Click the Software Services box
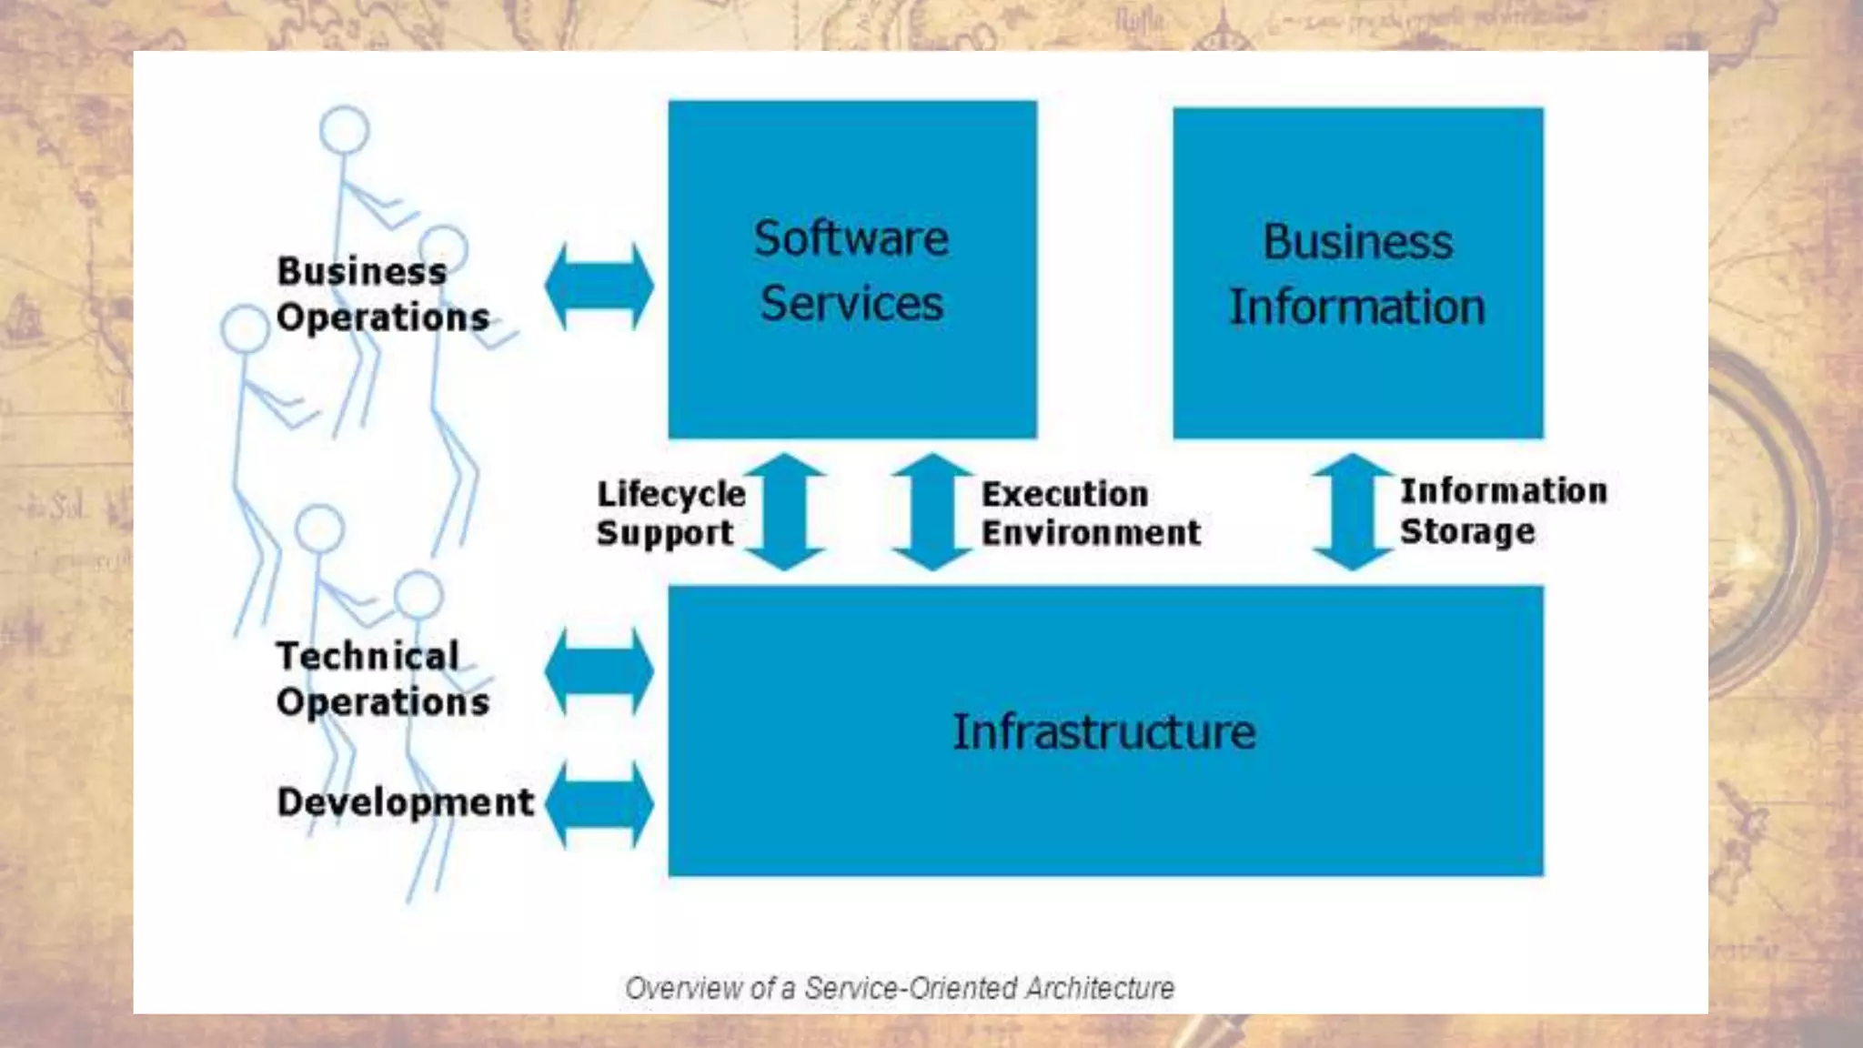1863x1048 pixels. [x=852, y=269]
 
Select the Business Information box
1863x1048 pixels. [x=1357, y=273]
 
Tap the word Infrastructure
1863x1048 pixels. [x=1104, y=732]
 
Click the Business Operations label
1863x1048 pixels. [x=382, y=294]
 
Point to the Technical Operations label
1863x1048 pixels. [x=382, y=679]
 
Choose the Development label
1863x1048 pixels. [x=405, y=802]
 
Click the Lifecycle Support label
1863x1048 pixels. [x=670, y=513]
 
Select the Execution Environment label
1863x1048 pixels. [x=1091, y=513]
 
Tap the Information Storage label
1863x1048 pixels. [x=1503, y=510]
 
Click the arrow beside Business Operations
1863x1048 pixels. [x=599, y=286]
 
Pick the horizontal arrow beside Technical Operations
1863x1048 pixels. [x=599, y=671]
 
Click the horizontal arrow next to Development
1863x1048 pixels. [x=599, y=804]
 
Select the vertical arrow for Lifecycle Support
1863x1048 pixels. [x=785, y=512]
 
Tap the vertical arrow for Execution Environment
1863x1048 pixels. [x=932, y=512]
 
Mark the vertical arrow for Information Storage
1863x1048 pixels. [x=1353, y=512]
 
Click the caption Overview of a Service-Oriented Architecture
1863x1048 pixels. [x=900, y=988]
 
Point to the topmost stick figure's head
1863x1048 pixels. [x=345, y=130]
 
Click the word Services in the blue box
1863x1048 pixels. [x=852, y=304]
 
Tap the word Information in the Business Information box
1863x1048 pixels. [x=1357, y=307]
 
